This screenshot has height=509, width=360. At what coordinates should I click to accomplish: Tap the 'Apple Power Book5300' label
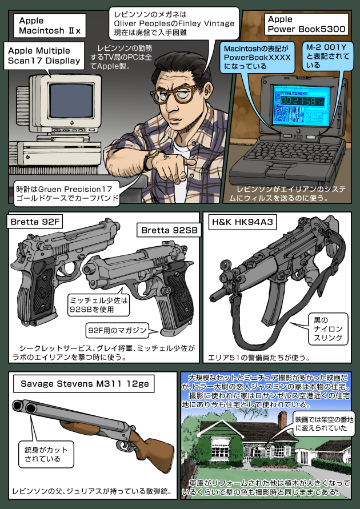pos(306,24)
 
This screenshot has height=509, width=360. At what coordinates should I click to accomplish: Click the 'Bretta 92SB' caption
pos(169,230)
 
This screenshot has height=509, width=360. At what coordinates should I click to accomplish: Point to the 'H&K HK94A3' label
pos(242,222)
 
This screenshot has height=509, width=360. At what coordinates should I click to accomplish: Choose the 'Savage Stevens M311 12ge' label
pos(85,384)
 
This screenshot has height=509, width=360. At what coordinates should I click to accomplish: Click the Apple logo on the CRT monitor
pos(72,123)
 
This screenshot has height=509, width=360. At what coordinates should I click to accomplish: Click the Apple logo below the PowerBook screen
pos(297,131)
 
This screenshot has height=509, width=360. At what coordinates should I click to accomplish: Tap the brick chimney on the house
pos(282,420)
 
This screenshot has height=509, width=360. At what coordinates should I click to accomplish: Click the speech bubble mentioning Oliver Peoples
pos(175,24)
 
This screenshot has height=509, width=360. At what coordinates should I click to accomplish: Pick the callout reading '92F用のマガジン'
pos(118,331)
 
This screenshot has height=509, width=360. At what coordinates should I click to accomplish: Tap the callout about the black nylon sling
pos(327,328)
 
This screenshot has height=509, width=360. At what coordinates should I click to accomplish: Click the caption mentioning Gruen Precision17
pos(66,193)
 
